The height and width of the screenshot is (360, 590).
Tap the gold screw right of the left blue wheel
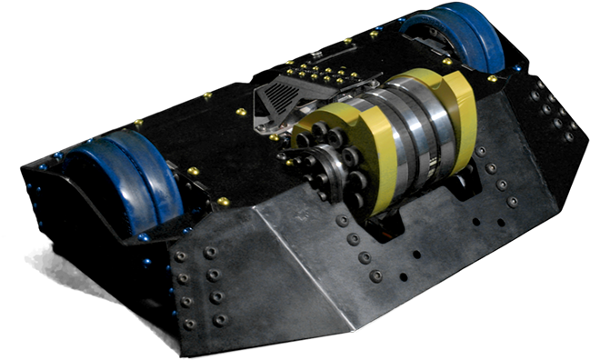(193, 170)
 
